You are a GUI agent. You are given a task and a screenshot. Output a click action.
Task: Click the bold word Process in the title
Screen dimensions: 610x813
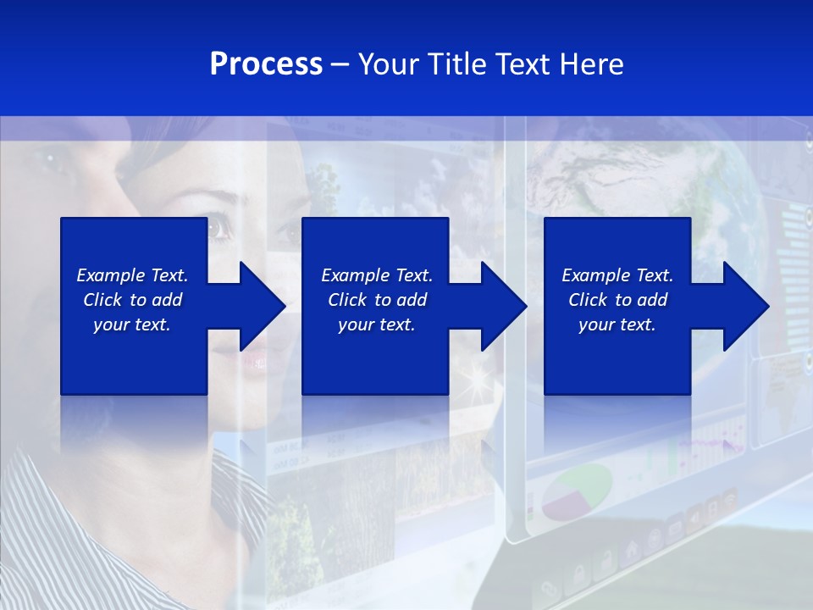coord(266,64)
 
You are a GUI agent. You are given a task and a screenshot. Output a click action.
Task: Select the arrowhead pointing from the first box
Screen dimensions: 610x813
coord(258,306)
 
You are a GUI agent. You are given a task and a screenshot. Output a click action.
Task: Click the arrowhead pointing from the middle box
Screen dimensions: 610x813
coord(501,306)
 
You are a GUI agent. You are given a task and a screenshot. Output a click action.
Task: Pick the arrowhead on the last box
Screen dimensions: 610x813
coord(743,306)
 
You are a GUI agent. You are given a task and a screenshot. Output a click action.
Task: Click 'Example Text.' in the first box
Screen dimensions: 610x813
coord(132,275)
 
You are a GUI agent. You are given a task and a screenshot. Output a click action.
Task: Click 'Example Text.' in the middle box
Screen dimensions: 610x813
coord(376,275)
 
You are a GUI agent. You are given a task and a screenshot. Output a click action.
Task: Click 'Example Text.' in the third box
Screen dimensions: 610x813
coord(617,275)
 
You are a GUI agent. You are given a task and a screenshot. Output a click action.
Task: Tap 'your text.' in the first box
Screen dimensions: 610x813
coord(132,324)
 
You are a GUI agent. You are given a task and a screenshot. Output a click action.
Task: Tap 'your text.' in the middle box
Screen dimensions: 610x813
coord(376,324)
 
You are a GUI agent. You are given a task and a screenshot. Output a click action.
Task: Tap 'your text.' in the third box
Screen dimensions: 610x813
coord(617,324)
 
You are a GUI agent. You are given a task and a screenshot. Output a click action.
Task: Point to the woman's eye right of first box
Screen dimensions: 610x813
coord(220,227)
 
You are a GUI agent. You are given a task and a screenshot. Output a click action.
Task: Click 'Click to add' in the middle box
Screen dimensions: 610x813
coord(376,300)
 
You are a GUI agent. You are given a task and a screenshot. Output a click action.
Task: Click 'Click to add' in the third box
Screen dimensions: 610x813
coord(617,300)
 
